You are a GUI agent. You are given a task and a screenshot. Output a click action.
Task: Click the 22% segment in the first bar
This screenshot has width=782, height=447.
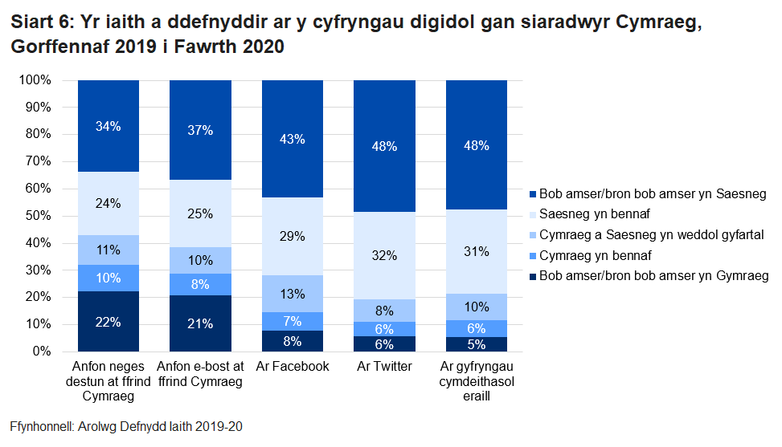point(108,322)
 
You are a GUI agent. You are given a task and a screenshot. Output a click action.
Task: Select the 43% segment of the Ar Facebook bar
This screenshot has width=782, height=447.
point(293,139)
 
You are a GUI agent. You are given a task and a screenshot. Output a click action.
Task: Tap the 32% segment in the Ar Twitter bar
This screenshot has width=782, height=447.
point(384,255)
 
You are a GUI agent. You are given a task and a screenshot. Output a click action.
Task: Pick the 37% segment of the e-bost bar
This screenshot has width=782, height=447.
point(200,130)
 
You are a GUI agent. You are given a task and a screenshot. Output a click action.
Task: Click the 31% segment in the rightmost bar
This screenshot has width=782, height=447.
point(477,251)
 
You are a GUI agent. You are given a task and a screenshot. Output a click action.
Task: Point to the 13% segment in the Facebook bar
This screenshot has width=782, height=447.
point(293,293)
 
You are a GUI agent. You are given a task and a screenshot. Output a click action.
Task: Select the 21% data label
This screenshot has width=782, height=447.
point(200,323)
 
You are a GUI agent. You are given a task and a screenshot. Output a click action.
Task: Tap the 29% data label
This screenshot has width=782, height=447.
point(293,236)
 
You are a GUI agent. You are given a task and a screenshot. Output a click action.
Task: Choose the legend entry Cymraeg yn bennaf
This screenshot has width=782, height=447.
point(594,255)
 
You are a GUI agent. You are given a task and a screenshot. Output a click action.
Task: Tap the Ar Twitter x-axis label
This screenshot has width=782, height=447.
point(384,367)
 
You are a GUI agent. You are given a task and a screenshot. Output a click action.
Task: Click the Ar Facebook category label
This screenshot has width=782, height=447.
point(293,367)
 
